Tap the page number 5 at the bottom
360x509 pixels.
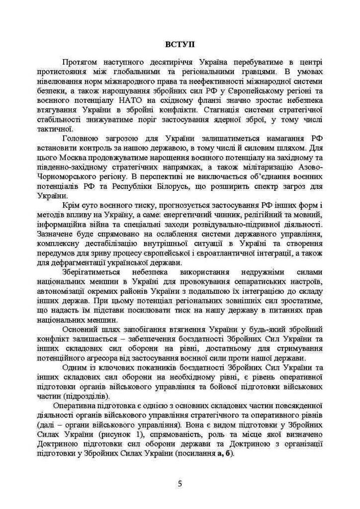coord(180,483)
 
